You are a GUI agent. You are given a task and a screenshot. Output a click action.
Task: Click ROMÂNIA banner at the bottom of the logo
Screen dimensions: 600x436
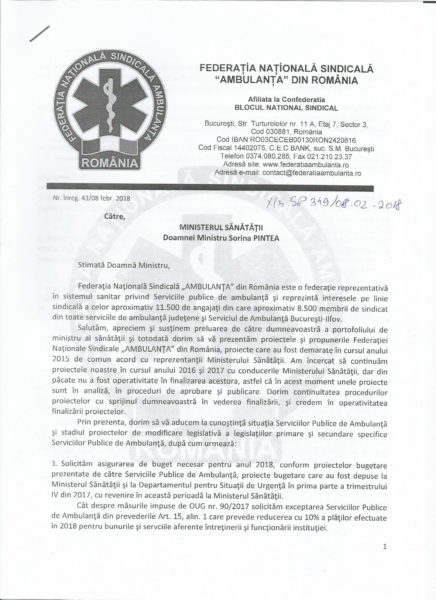[110, 162]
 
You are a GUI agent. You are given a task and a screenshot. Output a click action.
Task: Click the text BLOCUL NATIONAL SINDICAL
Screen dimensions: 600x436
[286, 108]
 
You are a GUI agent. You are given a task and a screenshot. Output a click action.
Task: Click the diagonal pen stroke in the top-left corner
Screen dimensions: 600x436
[40, 34]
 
